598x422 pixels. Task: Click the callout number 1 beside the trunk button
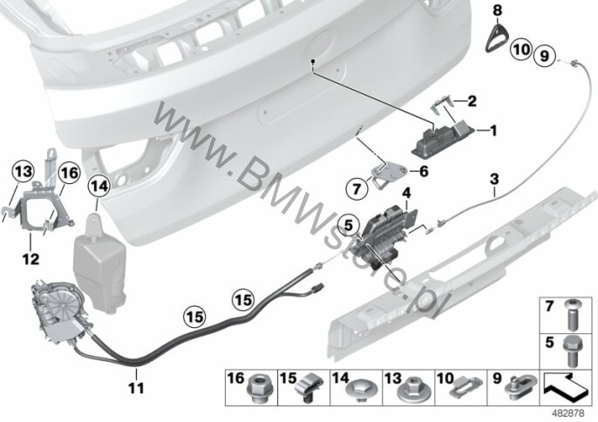click(x=493, y=132)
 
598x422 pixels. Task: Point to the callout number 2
click(x=472, y=101)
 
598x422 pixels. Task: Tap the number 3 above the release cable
click(x=494, y=180)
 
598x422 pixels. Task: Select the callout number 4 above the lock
click(x=406, y=193)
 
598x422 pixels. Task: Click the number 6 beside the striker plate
click(x=424, y=171)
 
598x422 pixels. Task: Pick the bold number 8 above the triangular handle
click(x=497, y=10)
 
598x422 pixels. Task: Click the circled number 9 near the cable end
click(x=545, y=56)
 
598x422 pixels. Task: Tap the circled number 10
click(x=521, y=49)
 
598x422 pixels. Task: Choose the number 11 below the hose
click(x=136, y=388)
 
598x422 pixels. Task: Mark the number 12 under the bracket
click(x=31, y=260)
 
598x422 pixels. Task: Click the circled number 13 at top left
click(x=23, y=172)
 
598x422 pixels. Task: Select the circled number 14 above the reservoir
click(x=99, y=187)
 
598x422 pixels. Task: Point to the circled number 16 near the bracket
click(x=70, y=174)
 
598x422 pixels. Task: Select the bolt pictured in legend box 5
click(x=570, y=351)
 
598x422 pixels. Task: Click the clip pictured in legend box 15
click(x=309, y=388)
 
